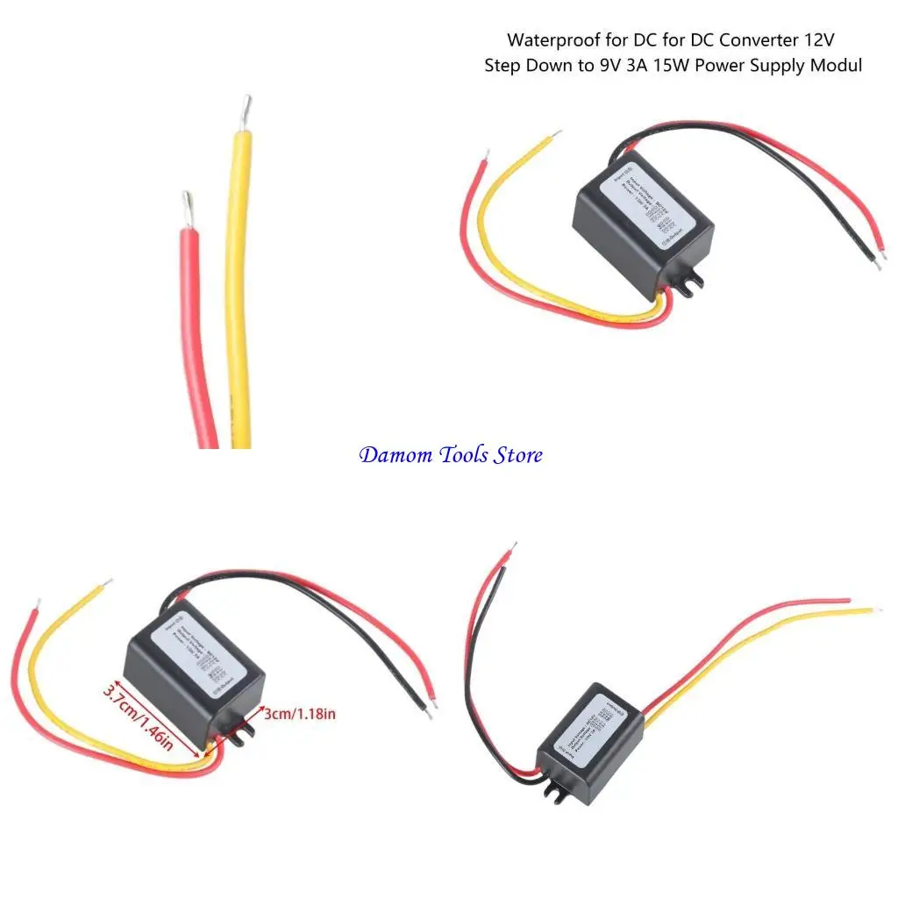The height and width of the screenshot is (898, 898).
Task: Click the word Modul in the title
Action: (837, 66)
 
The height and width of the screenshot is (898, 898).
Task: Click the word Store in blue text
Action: (518, 455)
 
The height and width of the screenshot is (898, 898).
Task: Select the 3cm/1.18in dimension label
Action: (300, 714)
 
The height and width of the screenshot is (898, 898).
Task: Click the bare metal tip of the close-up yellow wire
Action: (246, 110)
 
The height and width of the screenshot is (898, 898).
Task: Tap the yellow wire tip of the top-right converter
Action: (555, 135)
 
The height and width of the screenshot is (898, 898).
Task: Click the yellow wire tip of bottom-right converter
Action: (876, 609)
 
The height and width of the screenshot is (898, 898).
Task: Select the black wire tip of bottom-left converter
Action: (429, 713)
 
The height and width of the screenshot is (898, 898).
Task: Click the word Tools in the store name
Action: (455, 455)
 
